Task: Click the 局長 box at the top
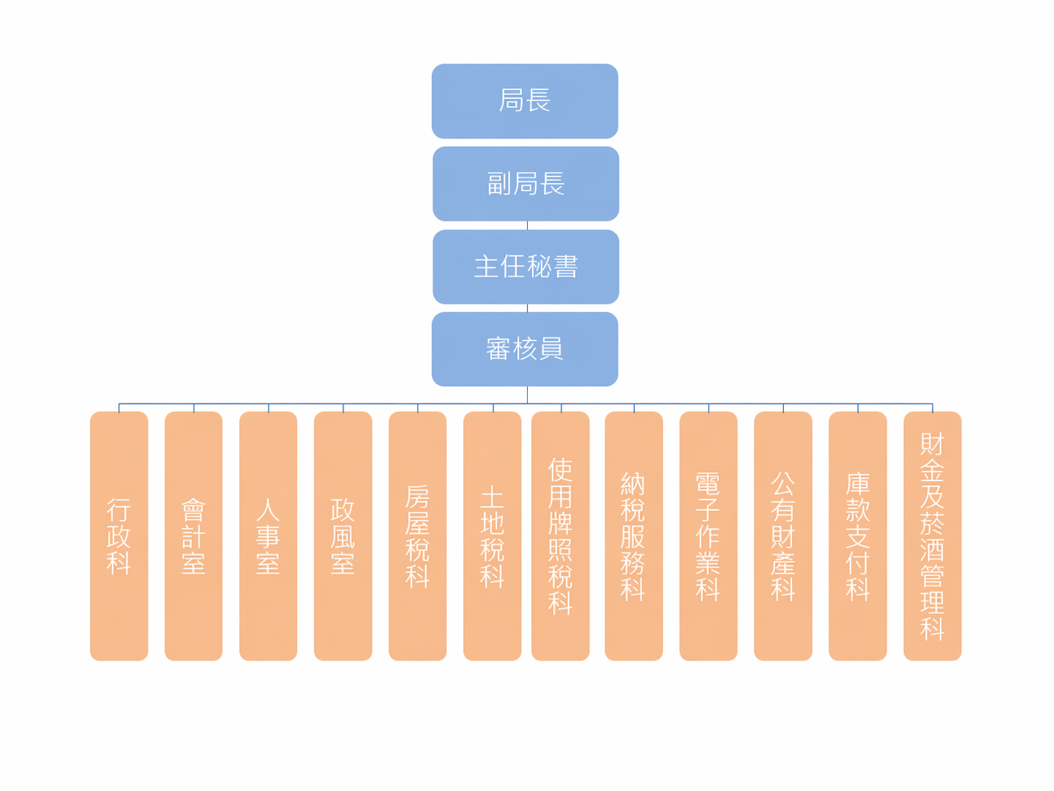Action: tap(524, 101)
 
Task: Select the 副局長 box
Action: tap(526, 184)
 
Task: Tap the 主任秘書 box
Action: tap(526, 267)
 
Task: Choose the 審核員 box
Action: tap(524, 349)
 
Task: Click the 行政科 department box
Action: tap(119, 536)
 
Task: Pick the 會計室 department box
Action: tap(194, 536)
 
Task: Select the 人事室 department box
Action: tap(268, 536)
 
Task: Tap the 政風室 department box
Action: tap(343, 536)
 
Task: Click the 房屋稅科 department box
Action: tap(417, 536)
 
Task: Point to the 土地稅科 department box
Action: tap(492, 536)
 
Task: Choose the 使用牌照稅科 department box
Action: tap(560, 536)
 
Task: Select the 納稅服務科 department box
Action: tap(634, 536)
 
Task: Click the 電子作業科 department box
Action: tap(708, 536)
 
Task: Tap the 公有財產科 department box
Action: tap(783, 536)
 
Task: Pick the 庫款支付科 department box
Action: tap(857, 536)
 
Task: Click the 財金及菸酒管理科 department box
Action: tap(932, 536)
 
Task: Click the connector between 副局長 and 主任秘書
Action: tap(527, 225)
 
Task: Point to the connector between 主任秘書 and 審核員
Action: tap(527, 308)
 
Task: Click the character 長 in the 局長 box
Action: tap(538, 101)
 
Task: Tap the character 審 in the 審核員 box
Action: tap(498, 349)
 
